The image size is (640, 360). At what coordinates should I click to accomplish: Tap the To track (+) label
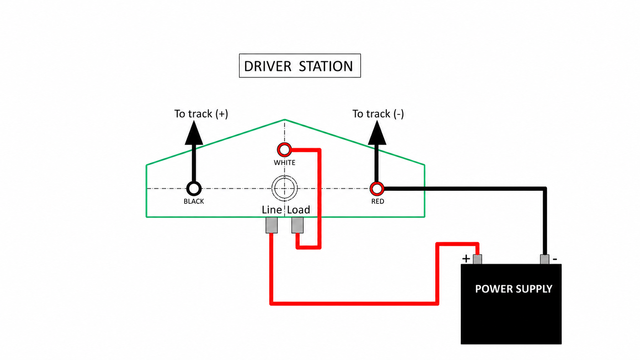(x=201, y=114)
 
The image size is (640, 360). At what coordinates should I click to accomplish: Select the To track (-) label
(x=378, y=114)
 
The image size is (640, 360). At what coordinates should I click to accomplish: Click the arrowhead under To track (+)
(x=194, y=133)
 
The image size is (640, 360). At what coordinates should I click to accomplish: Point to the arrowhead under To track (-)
(x=377, y=133)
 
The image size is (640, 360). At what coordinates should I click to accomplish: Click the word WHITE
(x=284, y=163)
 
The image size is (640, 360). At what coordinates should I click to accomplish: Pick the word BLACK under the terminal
(x=194, y=202)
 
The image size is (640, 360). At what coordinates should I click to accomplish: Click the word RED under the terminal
(x=378, y=202)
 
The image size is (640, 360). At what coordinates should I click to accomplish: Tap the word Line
(x=272, y=210)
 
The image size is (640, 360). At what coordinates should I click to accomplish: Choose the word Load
(x=299, y=210)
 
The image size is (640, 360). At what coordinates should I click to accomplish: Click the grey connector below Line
(x=271, y=225)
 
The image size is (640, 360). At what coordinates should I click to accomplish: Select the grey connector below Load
(x=297, y=225)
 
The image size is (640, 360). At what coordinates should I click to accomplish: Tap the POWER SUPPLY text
(x=513, y=289)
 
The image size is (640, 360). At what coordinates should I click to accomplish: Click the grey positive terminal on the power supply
(x=477, y=259)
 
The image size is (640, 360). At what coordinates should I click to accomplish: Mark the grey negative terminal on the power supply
(x=545, y=259)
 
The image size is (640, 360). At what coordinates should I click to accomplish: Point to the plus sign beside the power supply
(x=466, y=259)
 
